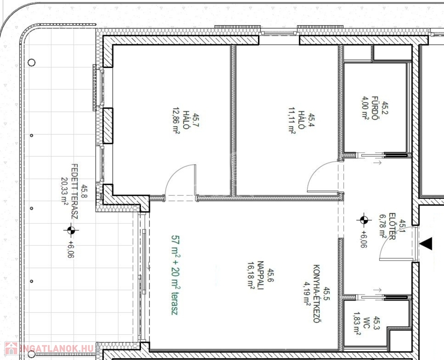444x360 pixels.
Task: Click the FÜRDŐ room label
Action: [x=375, y=108]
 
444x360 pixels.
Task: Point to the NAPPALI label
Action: [x=260, y=275]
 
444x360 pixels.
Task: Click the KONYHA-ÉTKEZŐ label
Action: [x=317, y=293]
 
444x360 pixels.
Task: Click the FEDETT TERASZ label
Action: [x=74, y=191]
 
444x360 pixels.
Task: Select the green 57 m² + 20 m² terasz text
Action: [x=175, y=275]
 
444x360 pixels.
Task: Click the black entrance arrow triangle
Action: [x=427, y=244]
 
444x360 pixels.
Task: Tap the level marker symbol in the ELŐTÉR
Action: [x=364, y=220]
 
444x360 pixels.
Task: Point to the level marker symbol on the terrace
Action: [x=71, y=230]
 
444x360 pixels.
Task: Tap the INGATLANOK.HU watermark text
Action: [x=57, y=348]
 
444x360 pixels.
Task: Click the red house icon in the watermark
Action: [x=11, y=348]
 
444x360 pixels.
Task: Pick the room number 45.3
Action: [x=377, y=323]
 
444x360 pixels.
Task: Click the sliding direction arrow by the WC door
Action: [x=377, y=290]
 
